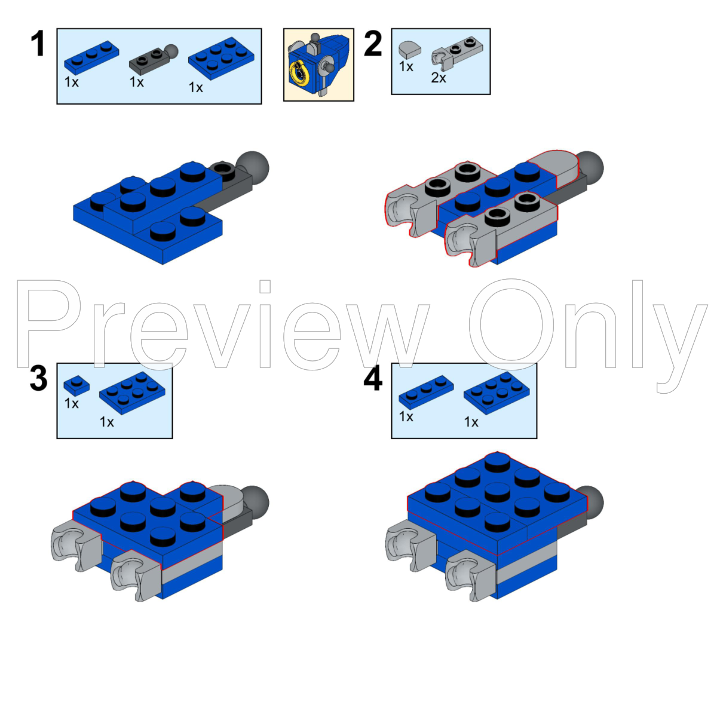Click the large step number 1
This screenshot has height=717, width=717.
[38, 44]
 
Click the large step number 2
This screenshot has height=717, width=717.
[373, 44]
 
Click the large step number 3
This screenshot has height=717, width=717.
[38, 379]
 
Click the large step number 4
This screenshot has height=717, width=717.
[373, 379]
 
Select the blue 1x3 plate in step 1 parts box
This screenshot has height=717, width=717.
[91, 57]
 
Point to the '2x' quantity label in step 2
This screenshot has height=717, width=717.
[439, 78]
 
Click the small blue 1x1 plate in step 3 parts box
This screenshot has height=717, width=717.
[76, 384]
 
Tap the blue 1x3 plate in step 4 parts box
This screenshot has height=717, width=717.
[425, 392]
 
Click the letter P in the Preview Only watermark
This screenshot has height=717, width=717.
[51, 323]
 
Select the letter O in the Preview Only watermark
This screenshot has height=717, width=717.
[511, 323]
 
